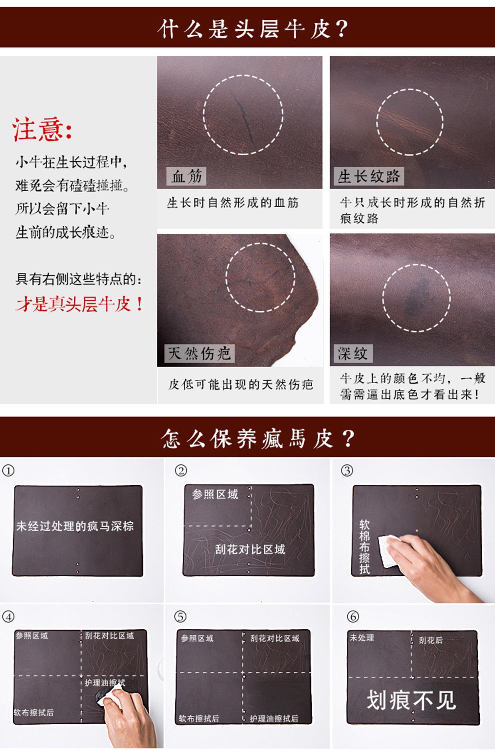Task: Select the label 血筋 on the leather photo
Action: point(186,177)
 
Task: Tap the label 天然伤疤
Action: point(199,354)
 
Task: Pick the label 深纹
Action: point(352,354)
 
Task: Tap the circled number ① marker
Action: point(8,471)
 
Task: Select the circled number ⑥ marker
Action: point(352,617)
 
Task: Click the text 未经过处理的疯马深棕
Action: point(75,526)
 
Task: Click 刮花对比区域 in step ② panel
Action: point(250,550)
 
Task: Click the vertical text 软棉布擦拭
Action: point(364,546)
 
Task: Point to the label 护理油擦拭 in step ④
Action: point(105,683)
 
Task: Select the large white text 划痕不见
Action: point(411,700)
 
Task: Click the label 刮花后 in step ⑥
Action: point(431,640)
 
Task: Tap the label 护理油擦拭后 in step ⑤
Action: point(274,718)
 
